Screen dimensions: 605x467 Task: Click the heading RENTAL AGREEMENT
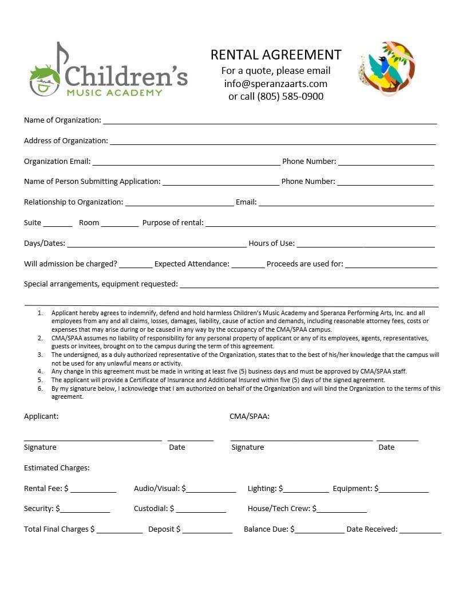276,54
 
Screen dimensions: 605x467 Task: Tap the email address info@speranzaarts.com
276,84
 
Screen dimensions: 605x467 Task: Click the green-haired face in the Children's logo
45,81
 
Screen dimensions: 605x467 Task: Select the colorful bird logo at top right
387,68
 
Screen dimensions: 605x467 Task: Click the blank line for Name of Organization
270,121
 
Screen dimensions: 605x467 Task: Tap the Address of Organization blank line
272,142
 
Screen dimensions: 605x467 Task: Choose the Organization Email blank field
186,162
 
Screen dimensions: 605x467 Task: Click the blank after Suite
58,223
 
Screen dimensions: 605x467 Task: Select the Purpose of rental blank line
320,223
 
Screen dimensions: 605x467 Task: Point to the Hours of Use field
365,244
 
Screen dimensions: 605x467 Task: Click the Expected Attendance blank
248,265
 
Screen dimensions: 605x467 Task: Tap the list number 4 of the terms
40,371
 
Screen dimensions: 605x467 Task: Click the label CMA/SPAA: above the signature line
250,417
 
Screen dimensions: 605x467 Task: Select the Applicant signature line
93,438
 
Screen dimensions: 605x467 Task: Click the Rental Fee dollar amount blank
93,490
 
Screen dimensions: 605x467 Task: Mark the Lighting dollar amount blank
306,490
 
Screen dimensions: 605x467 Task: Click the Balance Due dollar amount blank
319,531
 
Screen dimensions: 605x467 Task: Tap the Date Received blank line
420,531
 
